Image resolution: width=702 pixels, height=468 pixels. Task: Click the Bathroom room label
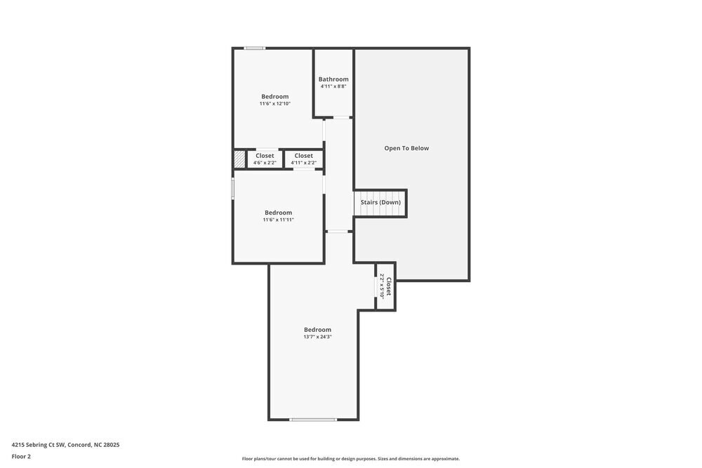coord(333,79)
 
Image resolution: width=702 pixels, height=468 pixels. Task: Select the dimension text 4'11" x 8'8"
coord(333,87)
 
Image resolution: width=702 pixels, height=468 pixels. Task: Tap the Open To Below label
coord(406,148)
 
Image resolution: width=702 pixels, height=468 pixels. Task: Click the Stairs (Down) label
coord(380,202)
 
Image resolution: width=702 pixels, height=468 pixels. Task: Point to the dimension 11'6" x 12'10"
coord(274,104)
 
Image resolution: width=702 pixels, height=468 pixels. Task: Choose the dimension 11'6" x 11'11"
coord(278,220)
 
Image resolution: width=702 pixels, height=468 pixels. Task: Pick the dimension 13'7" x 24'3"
coord(317,337)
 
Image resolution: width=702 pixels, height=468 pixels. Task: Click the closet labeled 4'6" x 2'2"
coord(265,159)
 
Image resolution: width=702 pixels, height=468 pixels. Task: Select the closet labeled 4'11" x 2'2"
coord(303,159)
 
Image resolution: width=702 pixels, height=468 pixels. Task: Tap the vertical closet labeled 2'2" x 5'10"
coord(385,286)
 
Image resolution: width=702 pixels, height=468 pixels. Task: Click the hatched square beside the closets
coord(239,159)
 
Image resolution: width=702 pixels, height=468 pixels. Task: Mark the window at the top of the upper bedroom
coord(255,48)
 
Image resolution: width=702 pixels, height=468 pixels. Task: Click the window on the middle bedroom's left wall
coord(233,189)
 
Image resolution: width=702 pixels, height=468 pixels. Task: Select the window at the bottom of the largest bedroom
coord(313,420)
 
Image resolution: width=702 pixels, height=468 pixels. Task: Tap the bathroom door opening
coord(342,117)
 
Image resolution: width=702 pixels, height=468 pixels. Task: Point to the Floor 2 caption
coord(21,456)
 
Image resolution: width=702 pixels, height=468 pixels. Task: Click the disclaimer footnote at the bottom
coord(351,459)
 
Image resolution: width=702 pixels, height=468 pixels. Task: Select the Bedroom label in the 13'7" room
coord(317,330)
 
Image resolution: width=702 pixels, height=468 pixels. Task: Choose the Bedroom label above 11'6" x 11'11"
coord(278,213)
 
